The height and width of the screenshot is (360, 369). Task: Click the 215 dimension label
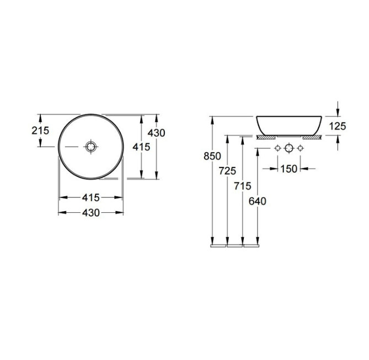pos(40,131)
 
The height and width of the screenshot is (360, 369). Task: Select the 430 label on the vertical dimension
pos(156,133)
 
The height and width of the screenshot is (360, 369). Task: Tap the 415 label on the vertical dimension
pos(141,147)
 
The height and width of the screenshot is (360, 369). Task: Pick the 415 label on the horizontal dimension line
pos(91,198)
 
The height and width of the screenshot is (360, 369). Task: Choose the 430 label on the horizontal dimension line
pos(91,213)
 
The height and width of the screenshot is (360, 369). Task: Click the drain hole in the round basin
pos(91,147)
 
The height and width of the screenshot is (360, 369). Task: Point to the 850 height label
pos(212,156)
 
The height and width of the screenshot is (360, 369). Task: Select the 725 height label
pos(227,171)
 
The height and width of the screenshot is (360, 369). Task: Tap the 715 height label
pos(243,186)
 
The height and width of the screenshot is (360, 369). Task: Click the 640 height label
pos(258,201)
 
